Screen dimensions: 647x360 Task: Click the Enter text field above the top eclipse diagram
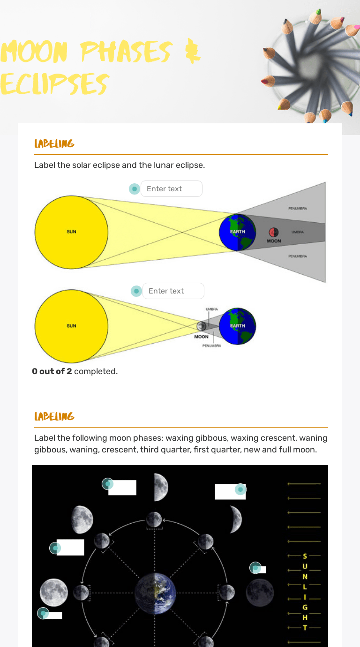point(171,189)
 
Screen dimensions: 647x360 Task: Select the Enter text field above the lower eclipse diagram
point(173,291)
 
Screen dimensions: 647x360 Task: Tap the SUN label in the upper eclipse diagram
point(71,232)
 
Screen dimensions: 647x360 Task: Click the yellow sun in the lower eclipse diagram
point(71,326)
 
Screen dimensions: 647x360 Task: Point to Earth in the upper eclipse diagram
point(238,232)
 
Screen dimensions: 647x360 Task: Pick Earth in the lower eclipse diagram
point(238,326)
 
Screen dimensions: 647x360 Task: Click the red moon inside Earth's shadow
point(274,232)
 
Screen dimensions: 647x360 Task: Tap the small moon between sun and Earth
point(202,326)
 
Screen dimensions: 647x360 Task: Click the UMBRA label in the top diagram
point(298,232)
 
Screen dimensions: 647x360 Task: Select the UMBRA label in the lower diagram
point(211,309)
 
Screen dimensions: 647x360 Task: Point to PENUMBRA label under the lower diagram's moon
point(212,346)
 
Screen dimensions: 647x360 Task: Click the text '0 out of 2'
point(52,371)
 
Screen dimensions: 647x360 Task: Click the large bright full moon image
point(54,592)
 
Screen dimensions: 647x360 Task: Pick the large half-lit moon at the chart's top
point(161,487)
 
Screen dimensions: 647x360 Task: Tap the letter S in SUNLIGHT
point(305,556)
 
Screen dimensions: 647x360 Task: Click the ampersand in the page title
point(193,53)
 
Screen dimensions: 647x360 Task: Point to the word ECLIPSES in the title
point(54,84)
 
